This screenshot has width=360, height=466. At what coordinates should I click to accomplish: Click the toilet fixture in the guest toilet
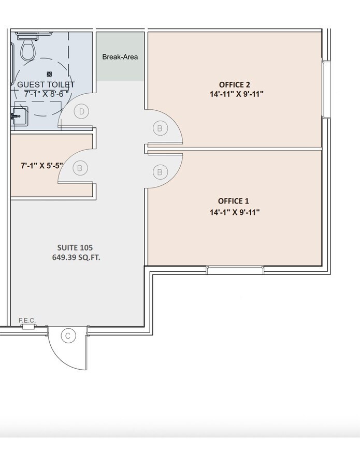(x=27, y=50)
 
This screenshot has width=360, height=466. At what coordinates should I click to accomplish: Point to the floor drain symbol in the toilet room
(x=49, y=74)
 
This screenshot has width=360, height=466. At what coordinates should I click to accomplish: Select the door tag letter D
(x=81, y=111)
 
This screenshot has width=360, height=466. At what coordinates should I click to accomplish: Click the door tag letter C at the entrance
(x=67, y=336)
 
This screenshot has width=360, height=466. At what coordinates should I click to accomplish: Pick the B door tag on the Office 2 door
(x=160, y=128)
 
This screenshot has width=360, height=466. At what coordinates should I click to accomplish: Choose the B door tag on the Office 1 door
(x=160, y=171)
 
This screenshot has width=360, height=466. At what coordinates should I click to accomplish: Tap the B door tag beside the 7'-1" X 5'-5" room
(x=80, y=168)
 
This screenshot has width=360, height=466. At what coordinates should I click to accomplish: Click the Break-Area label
(x=120, y=56)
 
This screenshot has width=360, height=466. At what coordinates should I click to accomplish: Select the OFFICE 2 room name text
(x=235, y=84)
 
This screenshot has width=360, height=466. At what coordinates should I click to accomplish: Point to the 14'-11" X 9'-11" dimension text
(x=235, y=94)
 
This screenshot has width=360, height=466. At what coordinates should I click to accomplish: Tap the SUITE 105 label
(x=76, y=247)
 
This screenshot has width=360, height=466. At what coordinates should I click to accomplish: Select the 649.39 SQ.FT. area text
(x=76, y=257)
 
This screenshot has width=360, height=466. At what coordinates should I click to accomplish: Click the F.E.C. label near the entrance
(x=27, y=321)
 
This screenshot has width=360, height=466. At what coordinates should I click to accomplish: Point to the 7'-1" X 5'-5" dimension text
(x=41, y=166)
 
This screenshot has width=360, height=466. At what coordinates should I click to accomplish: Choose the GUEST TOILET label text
(x=46, y=84)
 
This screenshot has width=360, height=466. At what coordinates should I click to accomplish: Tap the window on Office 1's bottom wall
(x=235, y=270)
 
